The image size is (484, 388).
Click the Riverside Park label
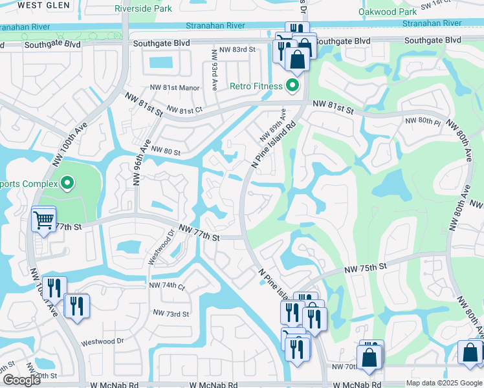(143, 9)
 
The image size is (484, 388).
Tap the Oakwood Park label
(388, 12)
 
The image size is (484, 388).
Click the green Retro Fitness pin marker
(292, 85)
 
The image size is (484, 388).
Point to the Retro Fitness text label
(257, 86)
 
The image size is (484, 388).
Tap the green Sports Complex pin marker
(65, 184)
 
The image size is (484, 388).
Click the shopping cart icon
(43, 220)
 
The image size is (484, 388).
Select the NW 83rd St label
(243, 50)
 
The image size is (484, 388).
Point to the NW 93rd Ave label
(214, 76)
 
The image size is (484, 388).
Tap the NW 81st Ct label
(184, 110)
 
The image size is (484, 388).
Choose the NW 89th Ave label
(272, 125)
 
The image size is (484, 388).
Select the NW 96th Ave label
(141, 162)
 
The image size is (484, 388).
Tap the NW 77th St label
(199, 233)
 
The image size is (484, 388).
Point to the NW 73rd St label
(171, 314)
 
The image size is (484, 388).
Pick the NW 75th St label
(365, 266)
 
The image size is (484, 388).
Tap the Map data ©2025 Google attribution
(443, 383)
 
